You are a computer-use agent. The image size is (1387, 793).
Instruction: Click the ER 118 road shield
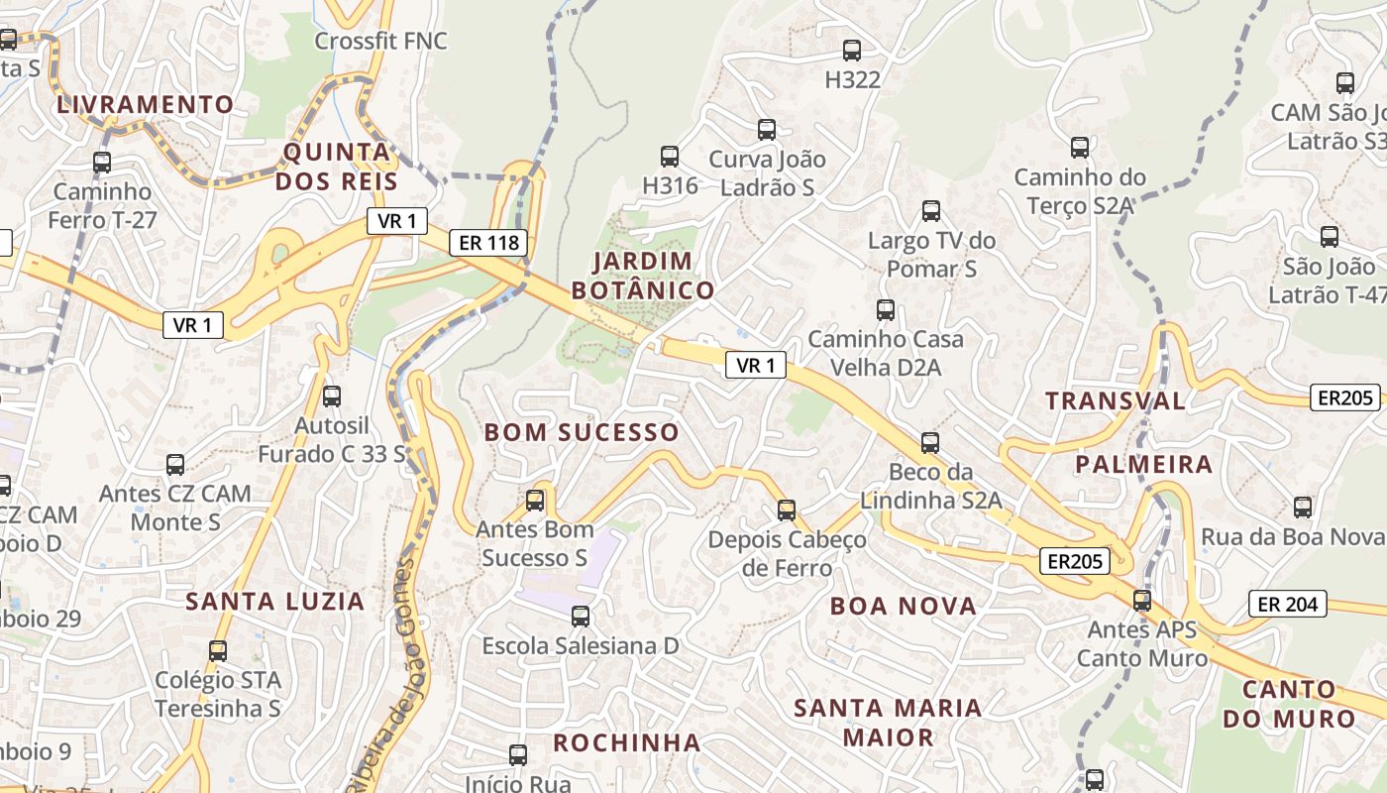point(487,243)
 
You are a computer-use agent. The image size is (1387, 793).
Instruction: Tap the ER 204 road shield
point(1287,604)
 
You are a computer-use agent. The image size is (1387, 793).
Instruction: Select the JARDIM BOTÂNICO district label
point(642,276)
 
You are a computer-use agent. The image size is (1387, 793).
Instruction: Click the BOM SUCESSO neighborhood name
point(582,432)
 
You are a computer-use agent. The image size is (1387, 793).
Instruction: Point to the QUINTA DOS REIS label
point(337,167)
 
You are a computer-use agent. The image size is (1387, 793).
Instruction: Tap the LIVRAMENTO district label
point(146,104)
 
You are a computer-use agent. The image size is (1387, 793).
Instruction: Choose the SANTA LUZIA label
point(275,601)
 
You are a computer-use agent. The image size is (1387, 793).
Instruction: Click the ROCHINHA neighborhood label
point(626,742)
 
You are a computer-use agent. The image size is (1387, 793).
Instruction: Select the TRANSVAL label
point(1116,400)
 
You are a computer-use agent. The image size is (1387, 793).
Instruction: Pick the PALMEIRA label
point(1144,464)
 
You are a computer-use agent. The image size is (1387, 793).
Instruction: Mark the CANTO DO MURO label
point(1288,704)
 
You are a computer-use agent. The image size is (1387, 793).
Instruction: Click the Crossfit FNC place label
point(380,42)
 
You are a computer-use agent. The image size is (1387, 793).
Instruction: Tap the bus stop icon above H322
point(851,51)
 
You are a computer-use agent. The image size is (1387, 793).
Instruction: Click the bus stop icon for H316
point(670,157)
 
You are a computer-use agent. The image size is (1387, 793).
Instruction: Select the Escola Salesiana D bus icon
point(581,617)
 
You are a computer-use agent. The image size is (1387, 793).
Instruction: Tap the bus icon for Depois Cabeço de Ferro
point(787,510)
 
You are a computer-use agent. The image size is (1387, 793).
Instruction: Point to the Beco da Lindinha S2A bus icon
point(930,443)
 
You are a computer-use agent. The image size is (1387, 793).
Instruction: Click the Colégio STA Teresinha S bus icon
point(218,651)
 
